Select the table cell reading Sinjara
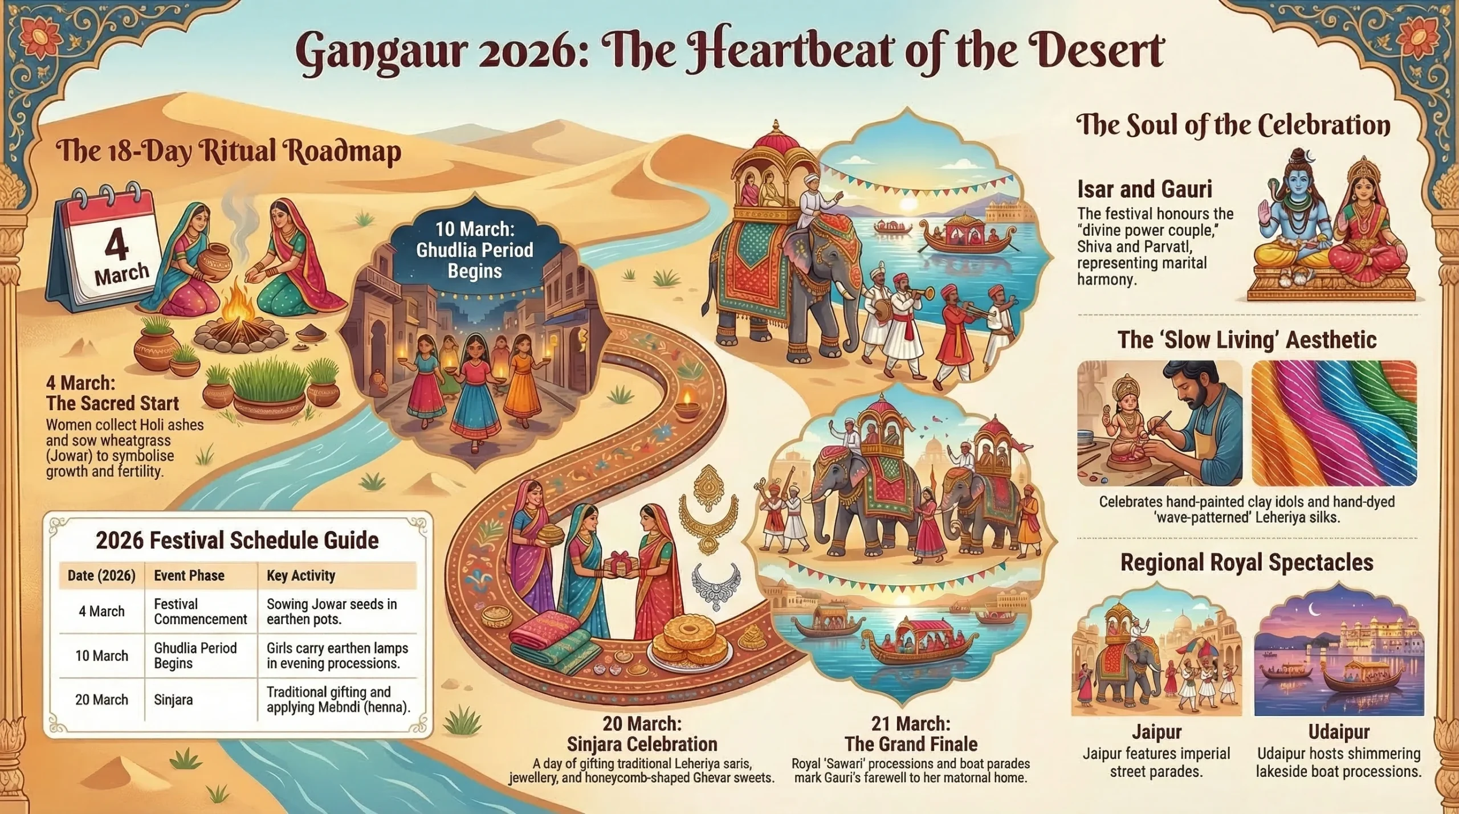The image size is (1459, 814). pos(173,700)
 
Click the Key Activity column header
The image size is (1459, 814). pos(301,575)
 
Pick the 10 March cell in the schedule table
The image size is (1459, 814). pos(101,656)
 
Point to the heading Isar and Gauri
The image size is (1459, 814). pos(1144,189)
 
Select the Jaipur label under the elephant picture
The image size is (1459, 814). pos(1156,731)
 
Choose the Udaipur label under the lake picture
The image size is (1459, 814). pos(1339,731)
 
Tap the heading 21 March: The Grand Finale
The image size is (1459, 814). pos(911,734)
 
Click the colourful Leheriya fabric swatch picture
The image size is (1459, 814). pos(1334,423)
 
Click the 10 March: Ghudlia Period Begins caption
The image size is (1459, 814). pos(475,249)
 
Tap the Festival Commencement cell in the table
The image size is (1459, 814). pos(201,611)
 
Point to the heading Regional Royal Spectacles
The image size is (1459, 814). pos(1246,562)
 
